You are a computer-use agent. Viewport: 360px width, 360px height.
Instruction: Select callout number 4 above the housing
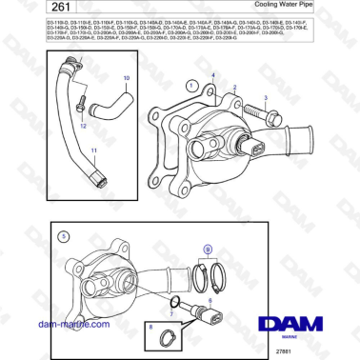pos(213,74)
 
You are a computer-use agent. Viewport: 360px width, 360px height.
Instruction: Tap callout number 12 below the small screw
pos(82,124)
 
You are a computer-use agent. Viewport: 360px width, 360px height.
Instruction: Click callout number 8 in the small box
pos(150,327)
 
